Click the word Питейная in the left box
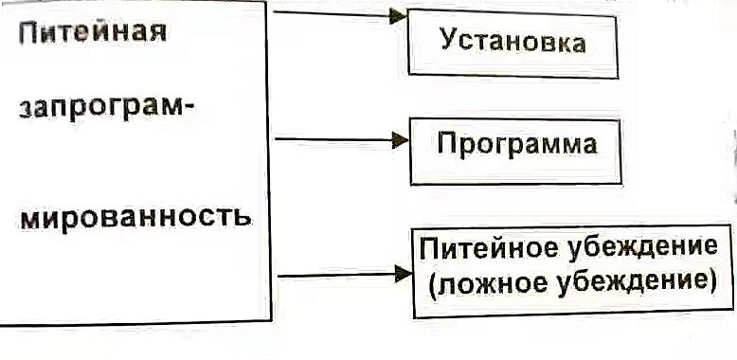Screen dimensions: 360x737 pyautogui.click(x=93, y=35)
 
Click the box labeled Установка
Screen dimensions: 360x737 pyautogui.click(x=512, y=45)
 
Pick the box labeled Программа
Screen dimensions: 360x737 pyautogui.click(x=516, y=147)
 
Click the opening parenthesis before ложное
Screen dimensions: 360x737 pyautogui.click(x=432, y=281)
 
